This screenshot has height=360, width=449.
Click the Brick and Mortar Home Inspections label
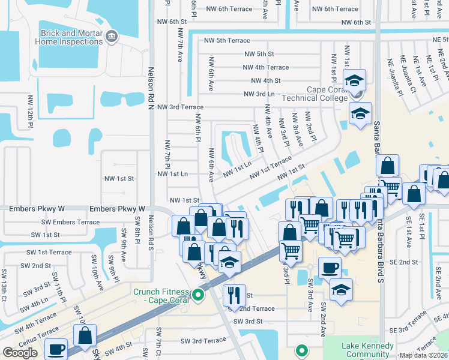[71, 37]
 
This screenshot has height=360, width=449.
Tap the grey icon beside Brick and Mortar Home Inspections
[110, 38]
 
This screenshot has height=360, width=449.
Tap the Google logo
[20, 353]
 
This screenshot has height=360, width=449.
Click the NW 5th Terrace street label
[226, 40]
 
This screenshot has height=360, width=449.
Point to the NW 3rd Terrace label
[180, 107]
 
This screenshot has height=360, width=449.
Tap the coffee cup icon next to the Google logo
[57, 349]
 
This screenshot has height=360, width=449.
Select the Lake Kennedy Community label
[367, 350]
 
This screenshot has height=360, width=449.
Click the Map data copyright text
[424, 355]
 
